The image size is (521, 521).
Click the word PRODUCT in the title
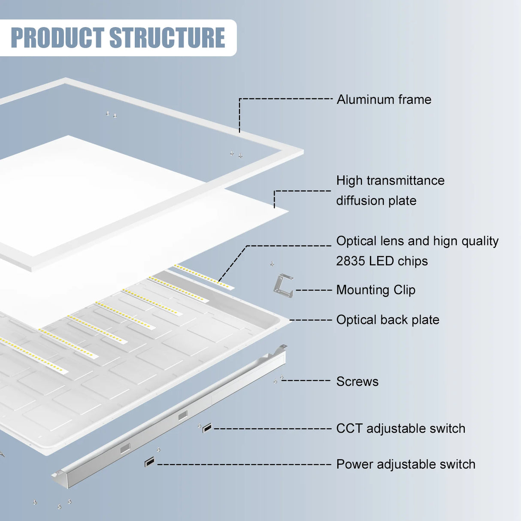point(57,38)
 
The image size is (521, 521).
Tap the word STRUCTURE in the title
point(167,38)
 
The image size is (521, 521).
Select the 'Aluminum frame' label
point(384,100)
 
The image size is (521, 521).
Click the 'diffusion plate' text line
point(376,201)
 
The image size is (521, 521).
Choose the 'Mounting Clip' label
point(376,290)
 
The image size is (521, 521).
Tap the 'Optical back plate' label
point(388,320)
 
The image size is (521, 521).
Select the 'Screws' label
point(357,382)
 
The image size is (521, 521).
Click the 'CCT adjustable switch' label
point(400,429)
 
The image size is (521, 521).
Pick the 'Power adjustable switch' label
point(406,464)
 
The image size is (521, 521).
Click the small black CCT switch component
point(207,427)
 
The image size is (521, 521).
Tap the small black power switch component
point(149,462)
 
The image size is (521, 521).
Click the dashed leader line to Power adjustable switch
point(245,464)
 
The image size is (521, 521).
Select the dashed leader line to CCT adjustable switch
point(273,428)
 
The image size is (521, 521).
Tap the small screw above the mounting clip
point(272,264)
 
